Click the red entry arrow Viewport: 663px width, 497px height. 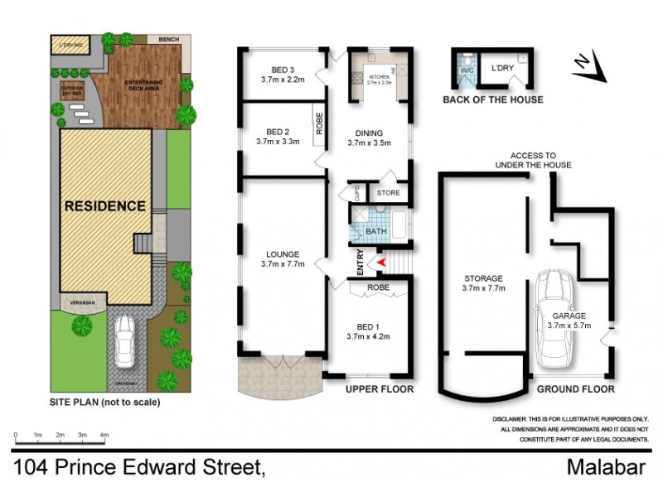pyautogui.click(x=382, y=263)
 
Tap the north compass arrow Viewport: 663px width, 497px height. pyautogui.click(x=591, y=66)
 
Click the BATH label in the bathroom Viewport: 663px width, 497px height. pyautogui.click(x=376, y=231)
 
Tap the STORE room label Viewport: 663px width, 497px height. pyautogui.click(x=388, y=193)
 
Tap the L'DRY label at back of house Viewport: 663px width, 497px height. pyautogui.click(x=502, y=68)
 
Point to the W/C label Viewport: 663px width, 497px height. pyautogui.click(x=466, y=70)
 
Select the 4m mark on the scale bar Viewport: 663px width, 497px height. pyautogui.click(x=104, y=435)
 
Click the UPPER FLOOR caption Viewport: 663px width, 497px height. pyautogui.click(x=380, y=388)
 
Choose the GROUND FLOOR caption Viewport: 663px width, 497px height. pyautogui.click(x=574, y=388)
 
